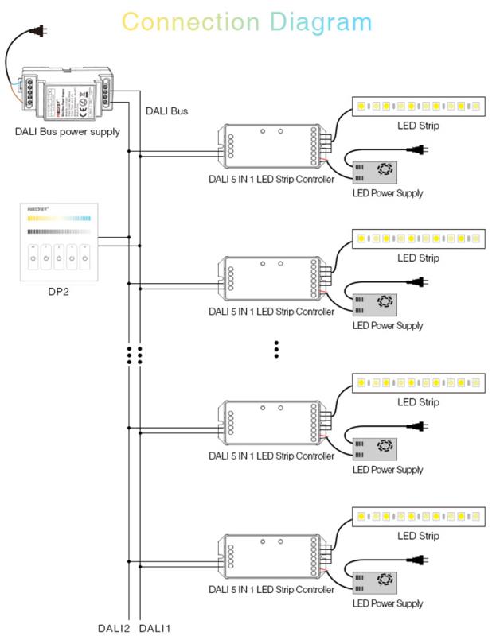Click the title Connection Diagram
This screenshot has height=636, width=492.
[246, 21]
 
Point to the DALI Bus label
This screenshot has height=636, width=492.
[166, 111]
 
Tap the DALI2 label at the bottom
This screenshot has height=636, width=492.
[114, 629]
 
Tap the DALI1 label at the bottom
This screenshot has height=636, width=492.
[154, 629]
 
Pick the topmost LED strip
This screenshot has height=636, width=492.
[419, 106]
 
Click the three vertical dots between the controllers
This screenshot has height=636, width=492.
[276, 350]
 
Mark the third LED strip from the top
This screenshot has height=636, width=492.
[419, 382]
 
